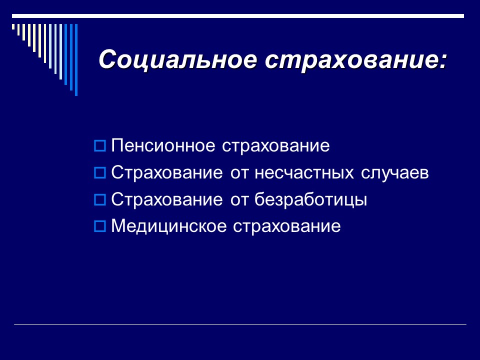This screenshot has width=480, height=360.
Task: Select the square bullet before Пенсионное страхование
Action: pyautogui.click(x=99, y=146)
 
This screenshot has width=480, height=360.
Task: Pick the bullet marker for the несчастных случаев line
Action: pyautogui.click(x=99, y=173)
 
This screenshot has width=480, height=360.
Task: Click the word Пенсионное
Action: pyautogui.click(x=162, y=146)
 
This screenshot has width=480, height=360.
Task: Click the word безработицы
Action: pyautogui.click(x=311, y=200)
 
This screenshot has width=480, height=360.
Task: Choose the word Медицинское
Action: pyautogui.click(x=168, y=226)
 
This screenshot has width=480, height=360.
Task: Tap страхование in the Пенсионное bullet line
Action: pyautogui.click(x=275, y=146)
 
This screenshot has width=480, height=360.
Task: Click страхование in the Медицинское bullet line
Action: pyautogui.click(x=286, y=226)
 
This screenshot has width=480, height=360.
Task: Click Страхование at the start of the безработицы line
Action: pyautogui.click(x=167, y=200)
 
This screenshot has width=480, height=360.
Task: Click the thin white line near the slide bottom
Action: pyautogui.click(x=240, y=324)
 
